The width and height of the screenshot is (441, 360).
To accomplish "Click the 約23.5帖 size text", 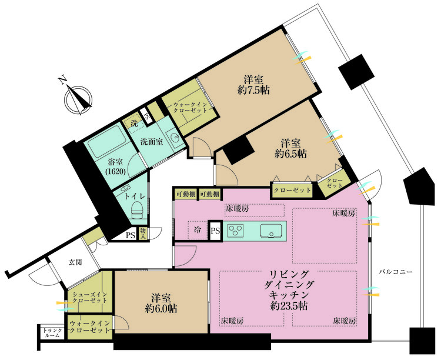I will tap(289, 306).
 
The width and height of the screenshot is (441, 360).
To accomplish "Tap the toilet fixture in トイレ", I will tap(136, 210).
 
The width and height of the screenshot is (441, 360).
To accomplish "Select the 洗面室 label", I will tap(152, 142).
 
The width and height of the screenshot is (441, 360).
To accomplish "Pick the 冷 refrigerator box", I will tap(198, 231).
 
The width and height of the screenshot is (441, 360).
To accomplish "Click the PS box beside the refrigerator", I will tap(216, 231).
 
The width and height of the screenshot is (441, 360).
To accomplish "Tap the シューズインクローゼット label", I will tap(89, 297).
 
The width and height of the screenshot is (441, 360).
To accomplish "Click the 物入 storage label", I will tap(143, 234).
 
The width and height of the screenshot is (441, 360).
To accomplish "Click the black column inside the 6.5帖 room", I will tap(237, 152).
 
